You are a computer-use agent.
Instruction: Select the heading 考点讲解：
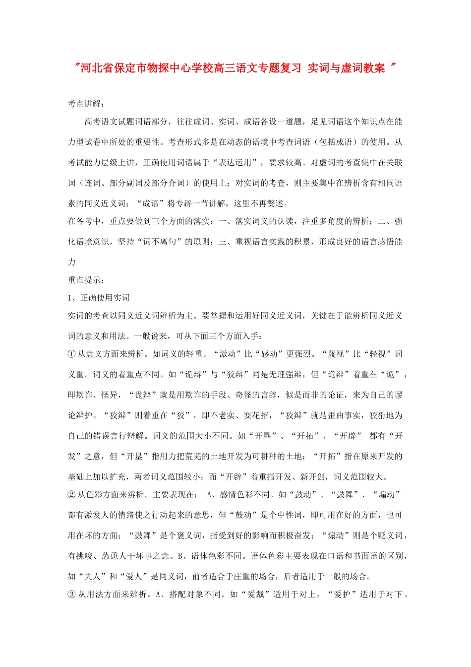pyautogui.click(x=86, y=104)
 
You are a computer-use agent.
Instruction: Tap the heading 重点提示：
pyautogui.click(x=86, y=280)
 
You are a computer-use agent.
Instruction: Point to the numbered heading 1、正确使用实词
pyautogui.click(x=99, y=298)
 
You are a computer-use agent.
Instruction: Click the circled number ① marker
pyautogui.click(x=71, y=354)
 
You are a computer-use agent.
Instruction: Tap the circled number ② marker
pyautogui.click(x=71, y=494)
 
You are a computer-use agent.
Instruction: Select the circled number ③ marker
pyautogui.click(x=71, y=594)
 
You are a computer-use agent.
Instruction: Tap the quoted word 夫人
pyautogui.click(x=92, y=576)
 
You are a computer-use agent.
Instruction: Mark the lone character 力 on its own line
pyautogui.click(x=72, y=262)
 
